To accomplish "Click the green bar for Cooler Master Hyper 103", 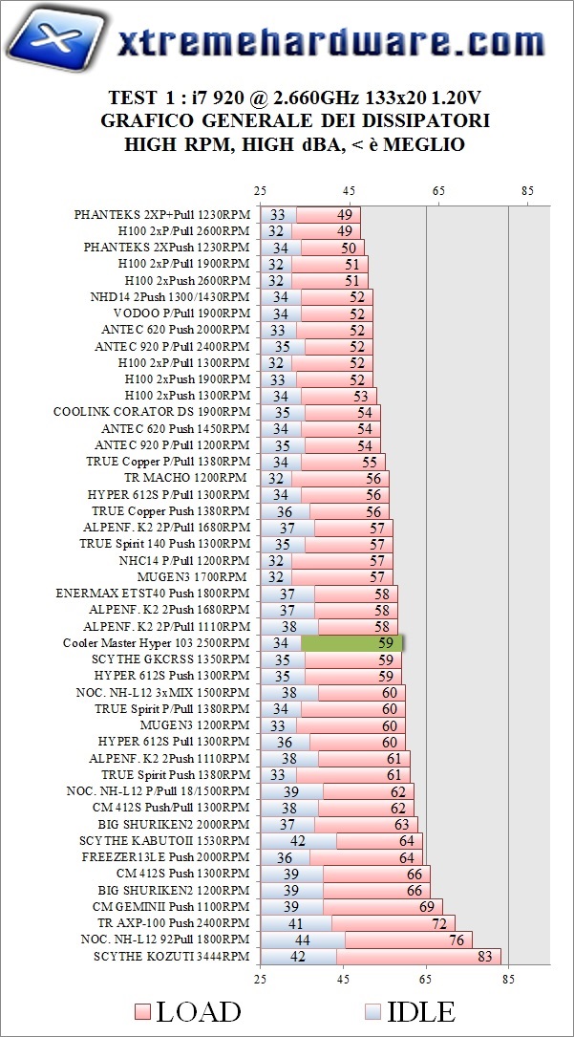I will [x=352, y=643].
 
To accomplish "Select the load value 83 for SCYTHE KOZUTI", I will [x=485, y=957].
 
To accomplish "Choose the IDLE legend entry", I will [x=410, y=1011].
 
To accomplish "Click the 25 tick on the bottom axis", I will [x=260, y=978].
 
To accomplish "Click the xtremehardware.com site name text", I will [x=330, y=43].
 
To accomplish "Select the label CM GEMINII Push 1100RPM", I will [x=171, y=907].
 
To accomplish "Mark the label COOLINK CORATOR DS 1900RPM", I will [x=152, y=412].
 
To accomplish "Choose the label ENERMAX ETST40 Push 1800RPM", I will [x=154, y=594].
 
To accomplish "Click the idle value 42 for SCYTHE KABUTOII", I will [x=297, y=841].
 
